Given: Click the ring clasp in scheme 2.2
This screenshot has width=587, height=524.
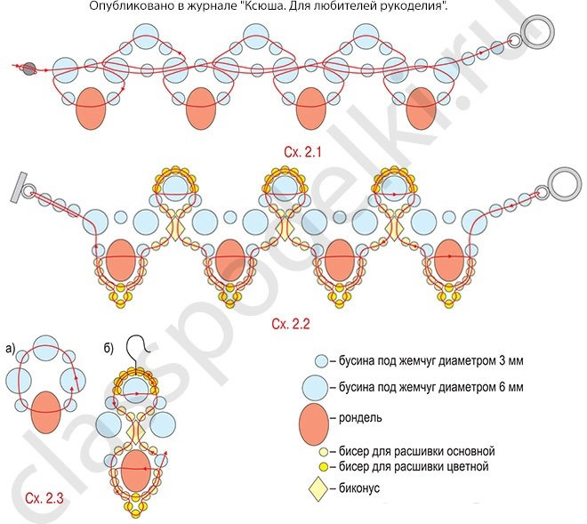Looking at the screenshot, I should (562, 181).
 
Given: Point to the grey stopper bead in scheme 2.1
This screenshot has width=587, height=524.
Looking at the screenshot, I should (29, 68).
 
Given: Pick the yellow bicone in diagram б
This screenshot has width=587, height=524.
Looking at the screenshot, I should (136, 431).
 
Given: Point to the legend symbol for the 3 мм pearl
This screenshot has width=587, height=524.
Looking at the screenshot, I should (320, 362).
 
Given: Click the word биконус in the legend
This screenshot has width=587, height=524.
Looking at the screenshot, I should (361, 488).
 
